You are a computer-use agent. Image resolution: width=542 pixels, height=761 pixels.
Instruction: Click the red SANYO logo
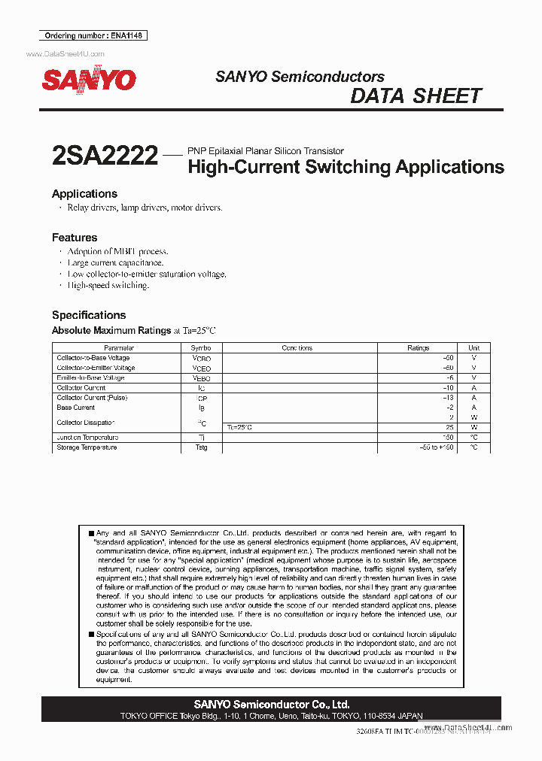pyautogui.click(x=89, y=80)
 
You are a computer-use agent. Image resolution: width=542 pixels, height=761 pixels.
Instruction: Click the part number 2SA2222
pyautogui.click(x=105, y=156)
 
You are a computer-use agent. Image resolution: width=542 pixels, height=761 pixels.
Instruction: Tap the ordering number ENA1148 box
pyautogui.click(x=92, y=35)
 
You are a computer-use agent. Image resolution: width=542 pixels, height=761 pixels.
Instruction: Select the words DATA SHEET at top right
pyautogui.click(x=416, y=96)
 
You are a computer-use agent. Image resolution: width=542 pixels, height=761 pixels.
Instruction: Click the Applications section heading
pyautogui.click(x=84, y=194)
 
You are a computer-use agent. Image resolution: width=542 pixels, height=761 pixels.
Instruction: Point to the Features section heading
pyautogui.click(x=75, y=238)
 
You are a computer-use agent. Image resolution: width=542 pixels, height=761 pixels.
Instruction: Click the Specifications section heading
pyautogui.click(x=89, y=315)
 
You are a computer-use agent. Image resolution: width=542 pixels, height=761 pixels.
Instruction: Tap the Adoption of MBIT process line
pyautogui.click(x=117, y=251)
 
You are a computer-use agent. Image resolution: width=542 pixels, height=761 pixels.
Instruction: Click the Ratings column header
pyautogui.click(x=418, y=348)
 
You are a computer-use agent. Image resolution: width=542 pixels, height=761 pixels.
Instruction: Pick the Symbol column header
pyautogui.click(x=201, y=348)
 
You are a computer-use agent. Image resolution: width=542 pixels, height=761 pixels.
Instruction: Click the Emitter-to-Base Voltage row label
pyautogui.click(x=90, y=377)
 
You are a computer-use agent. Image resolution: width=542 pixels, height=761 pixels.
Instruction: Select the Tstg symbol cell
pyautogui.click(x=201, y=447)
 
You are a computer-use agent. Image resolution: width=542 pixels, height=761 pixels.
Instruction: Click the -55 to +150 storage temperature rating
pyautogui.click(x=437, y=447)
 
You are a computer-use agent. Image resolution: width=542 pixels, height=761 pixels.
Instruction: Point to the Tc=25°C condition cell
pyautogui.click(x=239, y=427)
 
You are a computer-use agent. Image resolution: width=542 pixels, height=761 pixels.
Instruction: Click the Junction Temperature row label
pyautogui.click(x=87, y=438)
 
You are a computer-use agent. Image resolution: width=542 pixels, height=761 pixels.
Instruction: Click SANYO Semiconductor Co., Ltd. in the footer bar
pyautogui.click(x=271, y=705)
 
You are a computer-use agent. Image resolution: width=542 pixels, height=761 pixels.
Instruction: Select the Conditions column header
pyautogui.click(x=297, y=348)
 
